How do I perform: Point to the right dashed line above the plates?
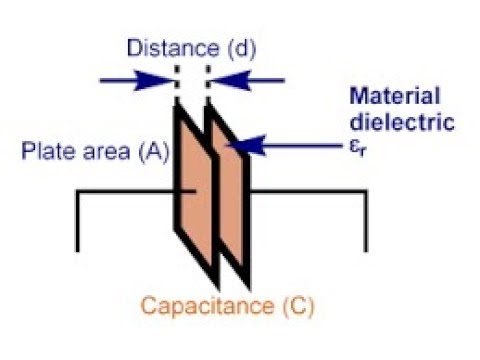point(206,80)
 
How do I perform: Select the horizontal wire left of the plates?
point(125,189)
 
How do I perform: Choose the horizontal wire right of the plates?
point(305,189)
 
